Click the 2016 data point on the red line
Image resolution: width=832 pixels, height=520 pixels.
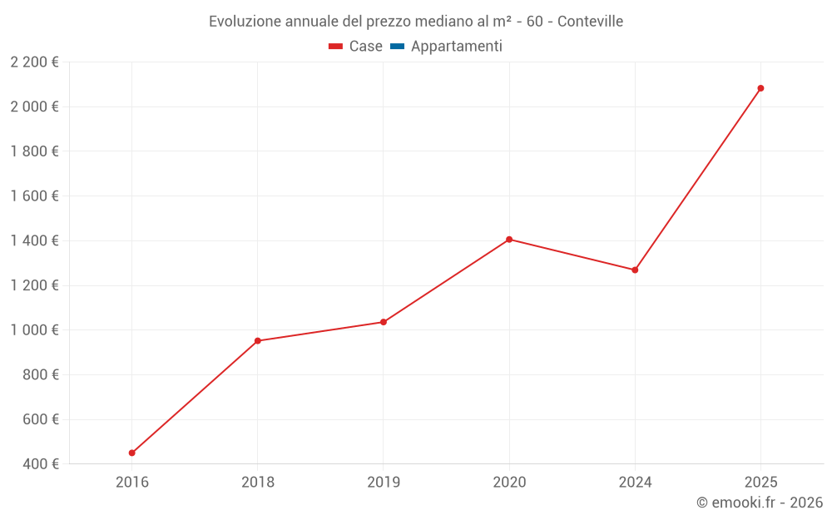click(x=131, y=453)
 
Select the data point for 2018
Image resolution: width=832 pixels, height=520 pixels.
click(x=258, y=340)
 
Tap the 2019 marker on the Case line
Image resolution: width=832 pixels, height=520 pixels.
click(x=384, y=322)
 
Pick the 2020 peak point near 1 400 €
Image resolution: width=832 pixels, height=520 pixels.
click(x=509, y=240)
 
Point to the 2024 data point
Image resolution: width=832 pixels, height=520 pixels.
click(x=635, y=270)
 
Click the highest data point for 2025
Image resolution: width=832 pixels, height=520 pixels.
click(x=760, y=88)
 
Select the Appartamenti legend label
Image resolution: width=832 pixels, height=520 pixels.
click(x=456, y=47)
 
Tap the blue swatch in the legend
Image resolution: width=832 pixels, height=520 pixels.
click(x=397, y=47)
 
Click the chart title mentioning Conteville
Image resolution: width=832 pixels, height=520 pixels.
click(x=416, y=21)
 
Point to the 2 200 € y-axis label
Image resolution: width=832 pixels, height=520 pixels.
click(x=34, y=62)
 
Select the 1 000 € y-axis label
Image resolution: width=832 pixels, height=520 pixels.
click(x=34, y=329)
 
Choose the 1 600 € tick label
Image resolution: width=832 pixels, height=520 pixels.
click(x=34, y=196)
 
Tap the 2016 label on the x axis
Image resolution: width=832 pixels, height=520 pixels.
click(x=131, y=482)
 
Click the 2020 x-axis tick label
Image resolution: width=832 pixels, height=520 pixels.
click(x=509, y=482)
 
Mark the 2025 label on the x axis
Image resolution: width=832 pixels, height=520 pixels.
click(x=760, y=482)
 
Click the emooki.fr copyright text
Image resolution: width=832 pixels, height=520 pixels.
click(x=760, y=503)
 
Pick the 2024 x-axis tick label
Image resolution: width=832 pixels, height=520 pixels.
click(x=635, y=482)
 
